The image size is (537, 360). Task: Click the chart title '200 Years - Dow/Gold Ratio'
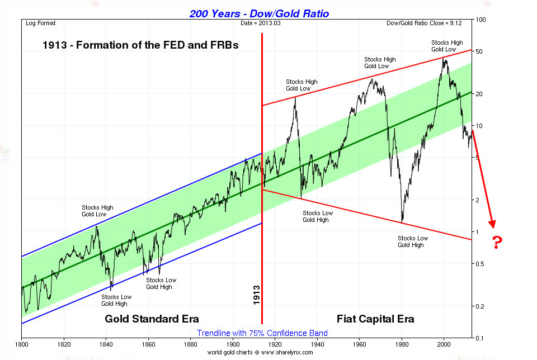tap(267, 13)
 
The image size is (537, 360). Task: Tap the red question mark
tap(497, 243)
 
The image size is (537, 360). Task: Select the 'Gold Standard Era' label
tap(152, 319)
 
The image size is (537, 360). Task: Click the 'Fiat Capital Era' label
tap(375, 319)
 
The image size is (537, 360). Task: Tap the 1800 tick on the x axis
tap(21, 345)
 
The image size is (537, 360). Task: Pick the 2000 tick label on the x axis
tap(444, 345)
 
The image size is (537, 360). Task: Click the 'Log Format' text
tap(41, 23)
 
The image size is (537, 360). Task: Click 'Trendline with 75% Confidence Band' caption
tap(262, 333)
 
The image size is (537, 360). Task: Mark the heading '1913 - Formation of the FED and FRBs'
tap(140, 45)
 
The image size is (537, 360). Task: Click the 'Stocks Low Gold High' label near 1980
tap(413, 241)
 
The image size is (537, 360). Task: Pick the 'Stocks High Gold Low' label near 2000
tap(447, 46)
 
